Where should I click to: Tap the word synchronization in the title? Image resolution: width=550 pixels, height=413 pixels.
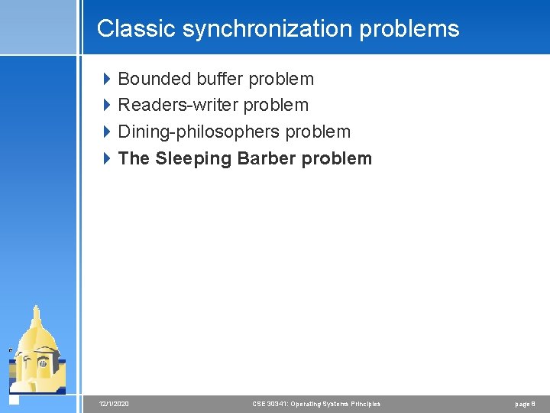click(247, 28)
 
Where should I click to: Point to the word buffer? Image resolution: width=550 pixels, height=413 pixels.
click(220, 79)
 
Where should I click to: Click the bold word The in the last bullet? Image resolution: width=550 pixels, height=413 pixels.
click(134, 158)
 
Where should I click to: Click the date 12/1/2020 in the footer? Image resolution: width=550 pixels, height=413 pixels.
click(114, 403)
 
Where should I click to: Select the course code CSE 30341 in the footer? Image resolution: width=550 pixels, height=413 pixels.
click(271, 403)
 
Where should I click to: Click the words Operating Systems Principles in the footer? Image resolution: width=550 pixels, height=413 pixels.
click(336, 403)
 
